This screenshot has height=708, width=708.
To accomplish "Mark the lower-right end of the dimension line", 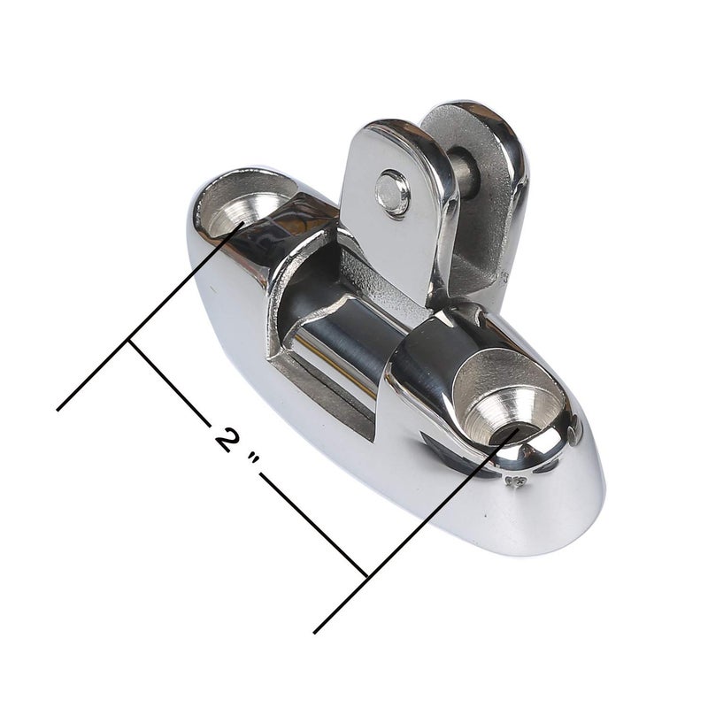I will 366,577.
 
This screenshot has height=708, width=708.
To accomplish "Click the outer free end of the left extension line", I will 58,409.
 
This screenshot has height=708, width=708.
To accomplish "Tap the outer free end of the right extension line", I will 315,632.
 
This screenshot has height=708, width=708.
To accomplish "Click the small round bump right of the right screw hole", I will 576,433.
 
